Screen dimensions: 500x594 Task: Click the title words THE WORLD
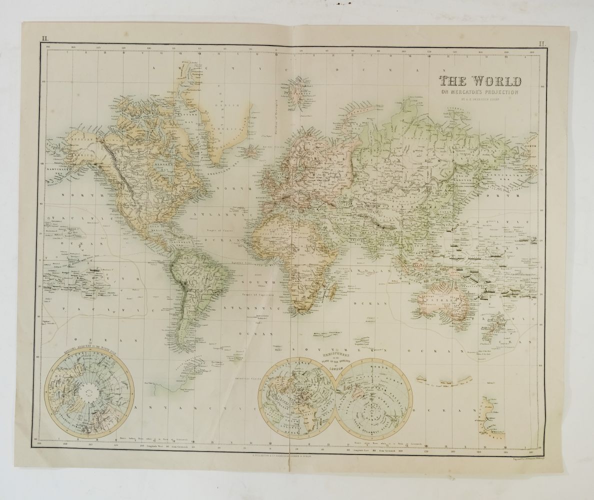pyautogui.click(x=480, y=80)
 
